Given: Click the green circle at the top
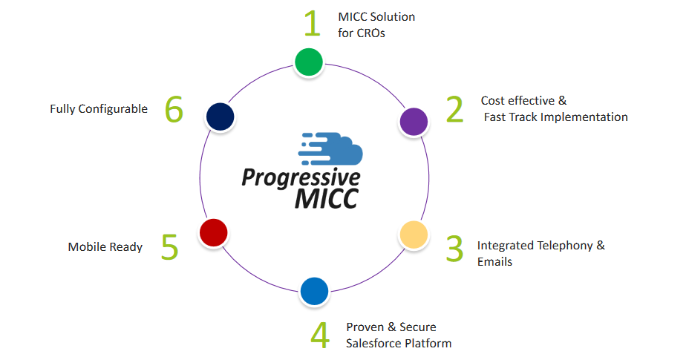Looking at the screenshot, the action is coord(308,62).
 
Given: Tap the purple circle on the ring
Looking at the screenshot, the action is coord(414,121).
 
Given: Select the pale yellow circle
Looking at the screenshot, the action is coord(414,235).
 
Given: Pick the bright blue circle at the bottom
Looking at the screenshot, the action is coord(314,291).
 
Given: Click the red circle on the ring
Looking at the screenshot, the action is coord(214,232).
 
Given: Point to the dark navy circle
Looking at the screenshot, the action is coord(221,117).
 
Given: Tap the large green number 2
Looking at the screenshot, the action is coord(454,109).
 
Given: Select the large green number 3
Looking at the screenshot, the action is coord(454,249).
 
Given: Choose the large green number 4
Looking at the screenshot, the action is coord(320,335).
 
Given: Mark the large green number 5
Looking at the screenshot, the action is coord(169,246).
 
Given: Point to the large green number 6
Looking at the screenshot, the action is coord(174,109).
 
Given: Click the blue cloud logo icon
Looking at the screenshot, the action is coord(330,148).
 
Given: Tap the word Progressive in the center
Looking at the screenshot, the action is coord(301,178).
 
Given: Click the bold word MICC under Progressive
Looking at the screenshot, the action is coord(327,198).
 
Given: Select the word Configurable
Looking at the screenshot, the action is coord(113,109).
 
